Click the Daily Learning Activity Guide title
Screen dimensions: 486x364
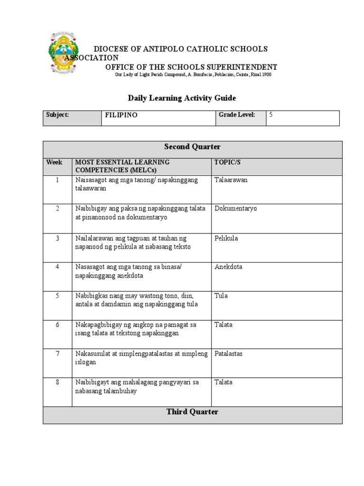pos(182,98)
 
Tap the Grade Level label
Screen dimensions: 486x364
pos(237,115)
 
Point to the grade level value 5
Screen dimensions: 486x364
pos(271,115)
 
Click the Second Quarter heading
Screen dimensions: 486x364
pos(192,147)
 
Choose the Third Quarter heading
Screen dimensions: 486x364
pos(192,412)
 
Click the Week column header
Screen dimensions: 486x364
pos(54,162)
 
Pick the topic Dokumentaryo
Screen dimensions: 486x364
pos(236,209)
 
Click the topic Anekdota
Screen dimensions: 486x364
pos(228,267)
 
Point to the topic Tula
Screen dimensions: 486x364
pos(221,296)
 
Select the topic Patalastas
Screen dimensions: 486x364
pos(228,354)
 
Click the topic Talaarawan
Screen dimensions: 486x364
pos(231,180)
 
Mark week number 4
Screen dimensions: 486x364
pos(57,267)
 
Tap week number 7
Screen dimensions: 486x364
pos(57,354)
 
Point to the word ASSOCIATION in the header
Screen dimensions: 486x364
pos(91,58)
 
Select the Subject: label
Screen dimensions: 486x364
pos(57,115)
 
